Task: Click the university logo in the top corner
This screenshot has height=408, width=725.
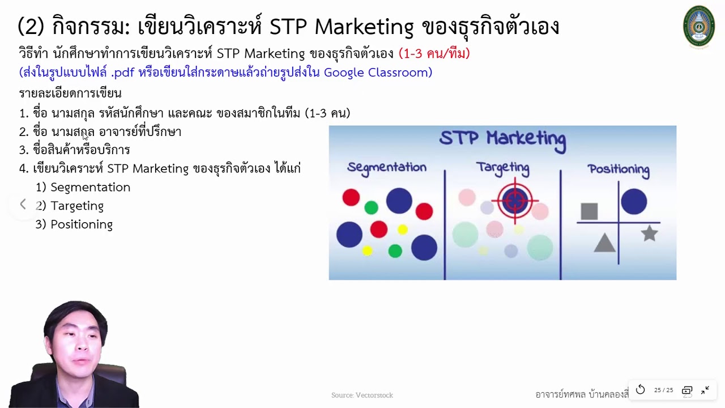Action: point(698,27)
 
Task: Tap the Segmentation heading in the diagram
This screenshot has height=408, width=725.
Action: point(387,167)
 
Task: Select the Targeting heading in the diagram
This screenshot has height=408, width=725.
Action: point(502,168)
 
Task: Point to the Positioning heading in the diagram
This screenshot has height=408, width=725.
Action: point(618,169)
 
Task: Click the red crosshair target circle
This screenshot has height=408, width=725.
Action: point(515,201)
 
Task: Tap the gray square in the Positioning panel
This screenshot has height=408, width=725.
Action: point(589,211)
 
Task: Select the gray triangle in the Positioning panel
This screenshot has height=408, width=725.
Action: point(604,243)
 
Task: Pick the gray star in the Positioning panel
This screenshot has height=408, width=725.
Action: point(649,233)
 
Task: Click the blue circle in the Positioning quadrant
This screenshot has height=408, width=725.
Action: point(634,202)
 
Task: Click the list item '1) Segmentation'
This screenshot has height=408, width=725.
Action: point(83,187)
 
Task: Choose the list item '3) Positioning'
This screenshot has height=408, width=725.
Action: point(74,224)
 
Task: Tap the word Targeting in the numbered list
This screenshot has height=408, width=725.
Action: point(77,206)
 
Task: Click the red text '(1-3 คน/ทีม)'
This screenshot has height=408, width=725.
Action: point(434,54)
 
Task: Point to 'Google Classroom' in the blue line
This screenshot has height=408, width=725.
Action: point(378,73)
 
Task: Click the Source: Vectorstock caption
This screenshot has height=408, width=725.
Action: point(362,395)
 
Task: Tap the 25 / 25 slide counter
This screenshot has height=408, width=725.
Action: point(663,390)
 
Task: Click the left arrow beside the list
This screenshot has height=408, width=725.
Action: point(23,205)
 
